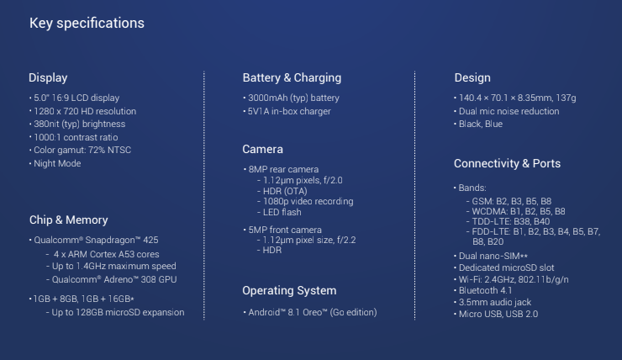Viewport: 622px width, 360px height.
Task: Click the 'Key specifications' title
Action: tap(87, 24)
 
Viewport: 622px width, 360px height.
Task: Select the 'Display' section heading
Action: tap(48, 77)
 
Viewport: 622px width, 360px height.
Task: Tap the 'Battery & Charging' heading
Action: tap(292, 77)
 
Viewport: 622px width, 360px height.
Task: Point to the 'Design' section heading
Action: tap(472, 77)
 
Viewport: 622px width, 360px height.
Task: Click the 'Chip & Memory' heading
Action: tap(69, 220)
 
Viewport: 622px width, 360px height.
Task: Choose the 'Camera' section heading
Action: tap(262, 149)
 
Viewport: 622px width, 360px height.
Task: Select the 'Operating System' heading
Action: tap(289, 290)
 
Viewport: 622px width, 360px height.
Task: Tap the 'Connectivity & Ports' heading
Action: tap(507, 163)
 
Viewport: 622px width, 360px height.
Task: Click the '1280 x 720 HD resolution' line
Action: tap(85, 111)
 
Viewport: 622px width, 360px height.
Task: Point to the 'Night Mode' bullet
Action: tap(57, 163)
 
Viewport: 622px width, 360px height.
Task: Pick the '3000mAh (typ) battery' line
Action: tap(293, 98)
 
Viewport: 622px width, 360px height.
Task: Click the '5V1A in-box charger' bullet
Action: tap(289, 111)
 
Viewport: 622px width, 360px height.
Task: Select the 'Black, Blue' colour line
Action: tap(481, 124)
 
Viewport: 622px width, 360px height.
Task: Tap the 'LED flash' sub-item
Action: tap(282, 212)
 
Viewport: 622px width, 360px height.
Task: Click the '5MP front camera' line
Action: tap(285, 230)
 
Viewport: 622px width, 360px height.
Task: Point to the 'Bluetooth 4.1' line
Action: tap(486, 290)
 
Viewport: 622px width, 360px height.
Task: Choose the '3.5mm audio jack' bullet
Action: tap(495, 303)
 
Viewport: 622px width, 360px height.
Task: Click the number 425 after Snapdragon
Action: tap(150, 240)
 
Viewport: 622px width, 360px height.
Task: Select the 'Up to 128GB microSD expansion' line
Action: tap(118, 313)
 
